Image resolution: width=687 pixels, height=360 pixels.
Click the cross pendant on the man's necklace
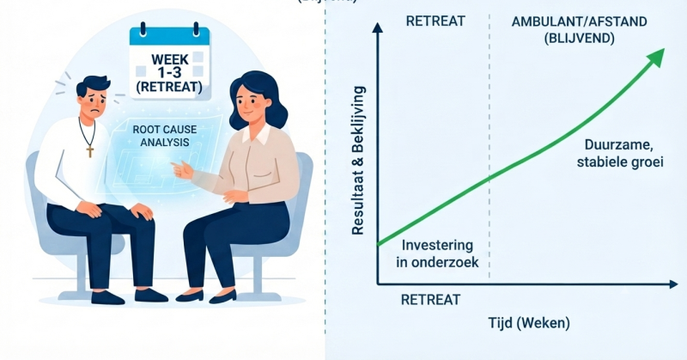coord(90,151)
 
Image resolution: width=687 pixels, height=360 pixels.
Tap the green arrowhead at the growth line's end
coord(656,57)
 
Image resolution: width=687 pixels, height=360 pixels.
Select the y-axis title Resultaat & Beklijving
coord(358,161)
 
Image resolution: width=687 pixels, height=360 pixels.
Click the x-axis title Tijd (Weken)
coord(529,323)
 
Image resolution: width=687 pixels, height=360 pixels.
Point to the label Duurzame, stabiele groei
coord(620,153)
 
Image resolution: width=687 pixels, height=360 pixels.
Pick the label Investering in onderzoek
coord(437,253)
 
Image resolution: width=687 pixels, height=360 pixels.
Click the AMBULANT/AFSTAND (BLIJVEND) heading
coord(579,29)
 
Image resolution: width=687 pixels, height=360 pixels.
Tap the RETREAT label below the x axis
coord(431,300)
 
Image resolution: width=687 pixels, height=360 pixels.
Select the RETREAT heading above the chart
coord(435,21)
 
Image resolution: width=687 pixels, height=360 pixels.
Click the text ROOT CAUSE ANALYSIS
coord(165,136)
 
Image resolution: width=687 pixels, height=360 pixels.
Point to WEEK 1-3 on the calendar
coord(169,65)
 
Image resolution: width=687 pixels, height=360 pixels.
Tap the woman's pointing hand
coord(181,169)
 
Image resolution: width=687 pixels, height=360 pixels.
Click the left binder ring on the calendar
coord(143,29)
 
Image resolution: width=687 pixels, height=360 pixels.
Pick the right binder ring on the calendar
coord(197,29)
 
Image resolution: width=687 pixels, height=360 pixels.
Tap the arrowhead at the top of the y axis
coord(377,27)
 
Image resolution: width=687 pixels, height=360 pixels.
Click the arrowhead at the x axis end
coord(673,284)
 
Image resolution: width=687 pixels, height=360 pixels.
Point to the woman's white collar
coord(257,134)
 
